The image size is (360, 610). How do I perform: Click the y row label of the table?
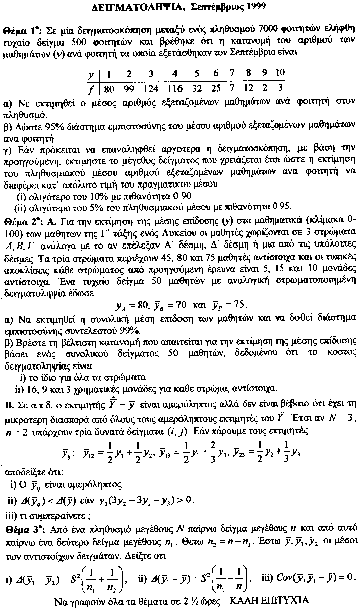pyautogui.click(x=91, y=74)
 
